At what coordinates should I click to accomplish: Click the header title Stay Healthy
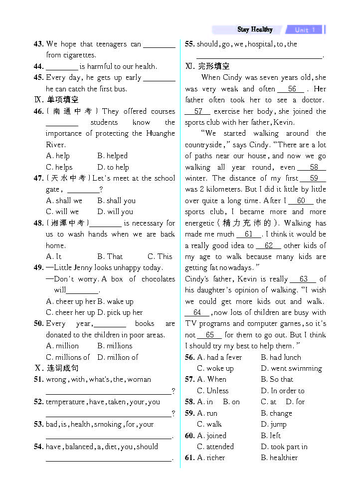[x=255, y=29]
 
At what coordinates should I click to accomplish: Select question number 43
[x=38, y=44]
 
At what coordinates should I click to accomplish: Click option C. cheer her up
[x=70, y=312]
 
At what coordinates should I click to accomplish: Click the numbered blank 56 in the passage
[x=292, y=89]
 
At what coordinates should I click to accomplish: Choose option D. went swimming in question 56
[x=291, y=368]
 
